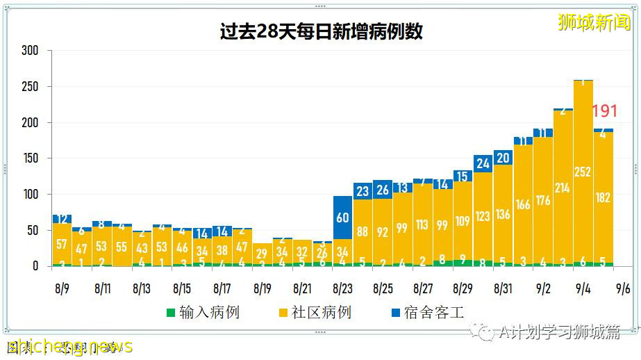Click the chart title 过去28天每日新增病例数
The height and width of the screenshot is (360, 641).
321,32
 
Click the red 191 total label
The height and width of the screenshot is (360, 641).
604,111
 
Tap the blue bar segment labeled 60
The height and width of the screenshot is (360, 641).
343,218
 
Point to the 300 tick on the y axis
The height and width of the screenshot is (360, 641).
30,51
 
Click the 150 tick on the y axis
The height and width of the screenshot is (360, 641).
30,158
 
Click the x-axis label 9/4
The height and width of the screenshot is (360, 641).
583,287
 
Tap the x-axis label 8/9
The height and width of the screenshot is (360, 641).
62,287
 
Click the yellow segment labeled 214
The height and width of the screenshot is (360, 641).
563,188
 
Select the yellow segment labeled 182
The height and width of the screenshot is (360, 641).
603,197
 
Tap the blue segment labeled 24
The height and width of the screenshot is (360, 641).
483,163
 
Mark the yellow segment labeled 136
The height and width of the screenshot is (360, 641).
503,214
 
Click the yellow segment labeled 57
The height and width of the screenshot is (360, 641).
62,243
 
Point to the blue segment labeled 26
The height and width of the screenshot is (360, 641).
383,190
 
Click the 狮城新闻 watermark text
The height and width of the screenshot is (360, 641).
596,22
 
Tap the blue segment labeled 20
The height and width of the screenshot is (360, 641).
503,158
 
